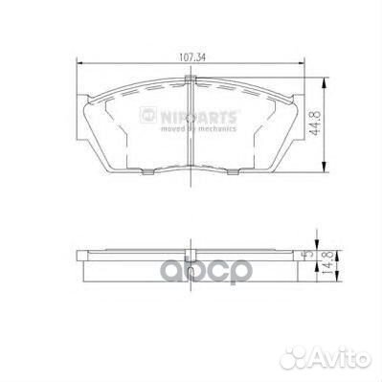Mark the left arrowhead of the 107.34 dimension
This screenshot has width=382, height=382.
pyautogui.click(x=79, y=63)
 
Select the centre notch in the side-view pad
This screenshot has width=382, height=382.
pyautogui.click(x=191, y=259)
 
